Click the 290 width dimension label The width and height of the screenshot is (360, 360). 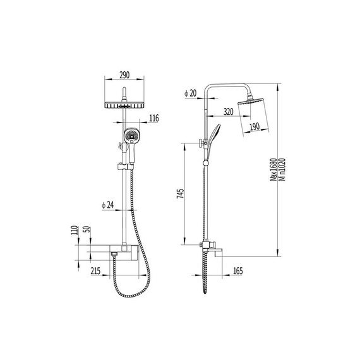(124, 75)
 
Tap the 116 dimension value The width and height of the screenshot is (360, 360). (154, 118)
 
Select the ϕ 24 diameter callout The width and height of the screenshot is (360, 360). (107, 205)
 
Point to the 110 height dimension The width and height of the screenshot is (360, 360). (75, 230)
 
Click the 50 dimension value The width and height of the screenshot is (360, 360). (88, 229)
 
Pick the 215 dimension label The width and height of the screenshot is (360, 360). (95, 271)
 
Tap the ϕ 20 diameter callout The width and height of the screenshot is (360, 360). (191, 93)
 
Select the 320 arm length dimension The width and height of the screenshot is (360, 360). (228, 112)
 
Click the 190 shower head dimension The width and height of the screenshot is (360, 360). (255, 126)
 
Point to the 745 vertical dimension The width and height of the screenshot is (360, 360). (180, 193)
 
